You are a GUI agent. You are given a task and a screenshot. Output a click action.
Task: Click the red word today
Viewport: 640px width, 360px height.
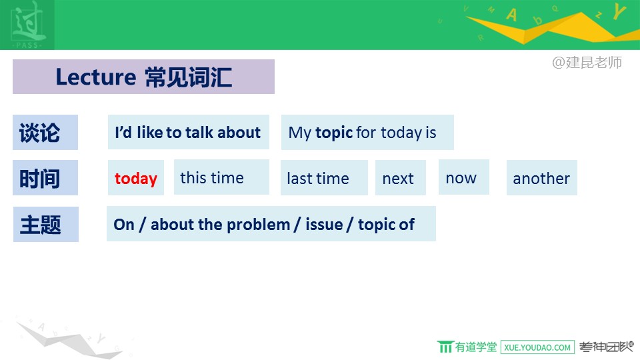tap(136, 179)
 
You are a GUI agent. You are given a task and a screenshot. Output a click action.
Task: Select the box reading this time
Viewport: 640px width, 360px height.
tap(221, 177)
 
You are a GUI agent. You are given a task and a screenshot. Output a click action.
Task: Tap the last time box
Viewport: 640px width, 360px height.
tap(324, 177)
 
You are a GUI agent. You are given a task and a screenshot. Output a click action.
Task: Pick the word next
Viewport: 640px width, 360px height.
tap(398, 179)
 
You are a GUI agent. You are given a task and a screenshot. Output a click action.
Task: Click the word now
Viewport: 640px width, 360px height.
tap(461, 179)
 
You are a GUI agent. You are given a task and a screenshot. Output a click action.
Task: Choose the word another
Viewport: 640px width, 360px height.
tap(541, 179)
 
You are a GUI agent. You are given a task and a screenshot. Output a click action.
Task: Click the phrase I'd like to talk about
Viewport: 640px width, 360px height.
tap(188, 132)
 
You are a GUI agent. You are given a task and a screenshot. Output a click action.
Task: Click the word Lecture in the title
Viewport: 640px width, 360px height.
tap(96, 77)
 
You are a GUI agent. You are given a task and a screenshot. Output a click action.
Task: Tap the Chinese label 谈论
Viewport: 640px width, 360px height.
tap(39, 133)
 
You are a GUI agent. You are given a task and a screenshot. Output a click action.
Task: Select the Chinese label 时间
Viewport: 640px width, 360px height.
tap(39, 179)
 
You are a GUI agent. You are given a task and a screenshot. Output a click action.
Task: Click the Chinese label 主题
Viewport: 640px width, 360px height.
tap(41, 225)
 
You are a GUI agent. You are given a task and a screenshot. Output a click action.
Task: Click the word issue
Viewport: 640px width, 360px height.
tap(324, 224)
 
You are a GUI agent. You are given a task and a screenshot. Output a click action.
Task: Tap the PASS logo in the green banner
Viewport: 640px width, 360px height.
tap(27, 25)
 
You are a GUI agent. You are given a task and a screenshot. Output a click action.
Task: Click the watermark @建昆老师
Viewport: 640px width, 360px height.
tap(587, 62)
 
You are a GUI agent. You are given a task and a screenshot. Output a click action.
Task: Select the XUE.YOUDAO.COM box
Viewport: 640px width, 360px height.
tap(537, 347)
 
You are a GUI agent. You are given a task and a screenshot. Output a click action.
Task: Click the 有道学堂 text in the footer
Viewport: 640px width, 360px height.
tap(476, 347)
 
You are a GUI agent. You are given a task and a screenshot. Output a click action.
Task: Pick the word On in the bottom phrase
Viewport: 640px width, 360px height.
tap(124, 225)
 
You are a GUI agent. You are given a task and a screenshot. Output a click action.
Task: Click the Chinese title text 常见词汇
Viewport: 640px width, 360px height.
tap(189, 77)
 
